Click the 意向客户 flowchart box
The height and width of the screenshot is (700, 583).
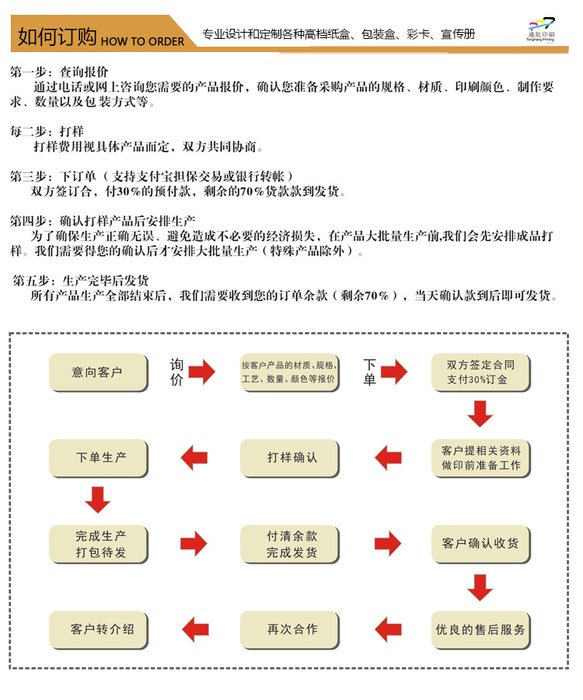point(98,373)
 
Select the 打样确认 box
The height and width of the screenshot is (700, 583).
point(290,458)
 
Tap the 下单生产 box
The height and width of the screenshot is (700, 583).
point(98,458)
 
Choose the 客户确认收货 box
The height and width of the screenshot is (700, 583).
point(480,544)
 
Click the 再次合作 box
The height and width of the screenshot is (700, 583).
point(290,629)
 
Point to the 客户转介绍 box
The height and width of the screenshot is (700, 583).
point(98,629)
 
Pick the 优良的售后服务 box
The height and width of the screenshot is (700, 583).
point(480,629)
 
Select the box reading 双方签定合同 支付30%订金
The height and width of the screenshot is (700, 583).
point(480,373)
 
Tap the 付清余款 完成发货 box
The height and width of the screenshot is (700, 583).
point(290,544)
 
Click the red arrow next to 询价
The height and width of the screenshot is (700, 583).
point(201,373)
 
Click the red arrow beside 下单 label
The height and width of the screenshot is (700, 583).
point(393,373)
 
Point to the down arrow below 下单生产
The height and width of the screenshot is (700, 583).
point(98,499)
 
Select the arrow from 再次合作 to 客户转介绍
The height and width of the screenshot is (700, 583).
point(194,629)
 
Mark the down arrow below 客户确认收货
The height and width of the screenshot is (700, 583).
point(480,586)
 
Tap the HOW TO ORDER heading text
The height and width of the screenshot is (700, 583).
point(143,40)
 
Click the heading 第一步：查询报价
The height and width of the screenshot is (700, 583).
point(59,72)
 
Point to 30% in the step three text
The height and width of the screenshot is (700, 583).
point(115,191)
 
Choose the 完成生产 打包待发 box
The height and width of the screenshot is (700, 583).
point(98,544)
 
